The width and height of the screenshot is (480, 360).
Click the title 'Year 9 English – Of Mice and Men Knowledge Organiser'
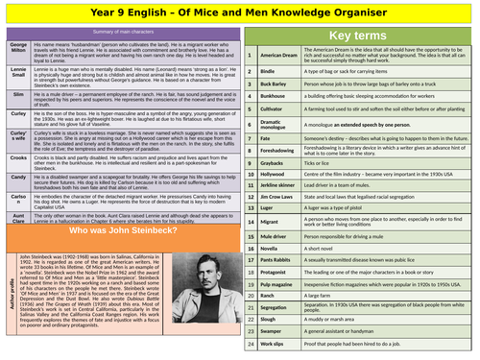pos(239,13)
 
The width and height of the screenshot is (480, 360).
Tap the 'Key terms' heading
pos(356,36)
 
